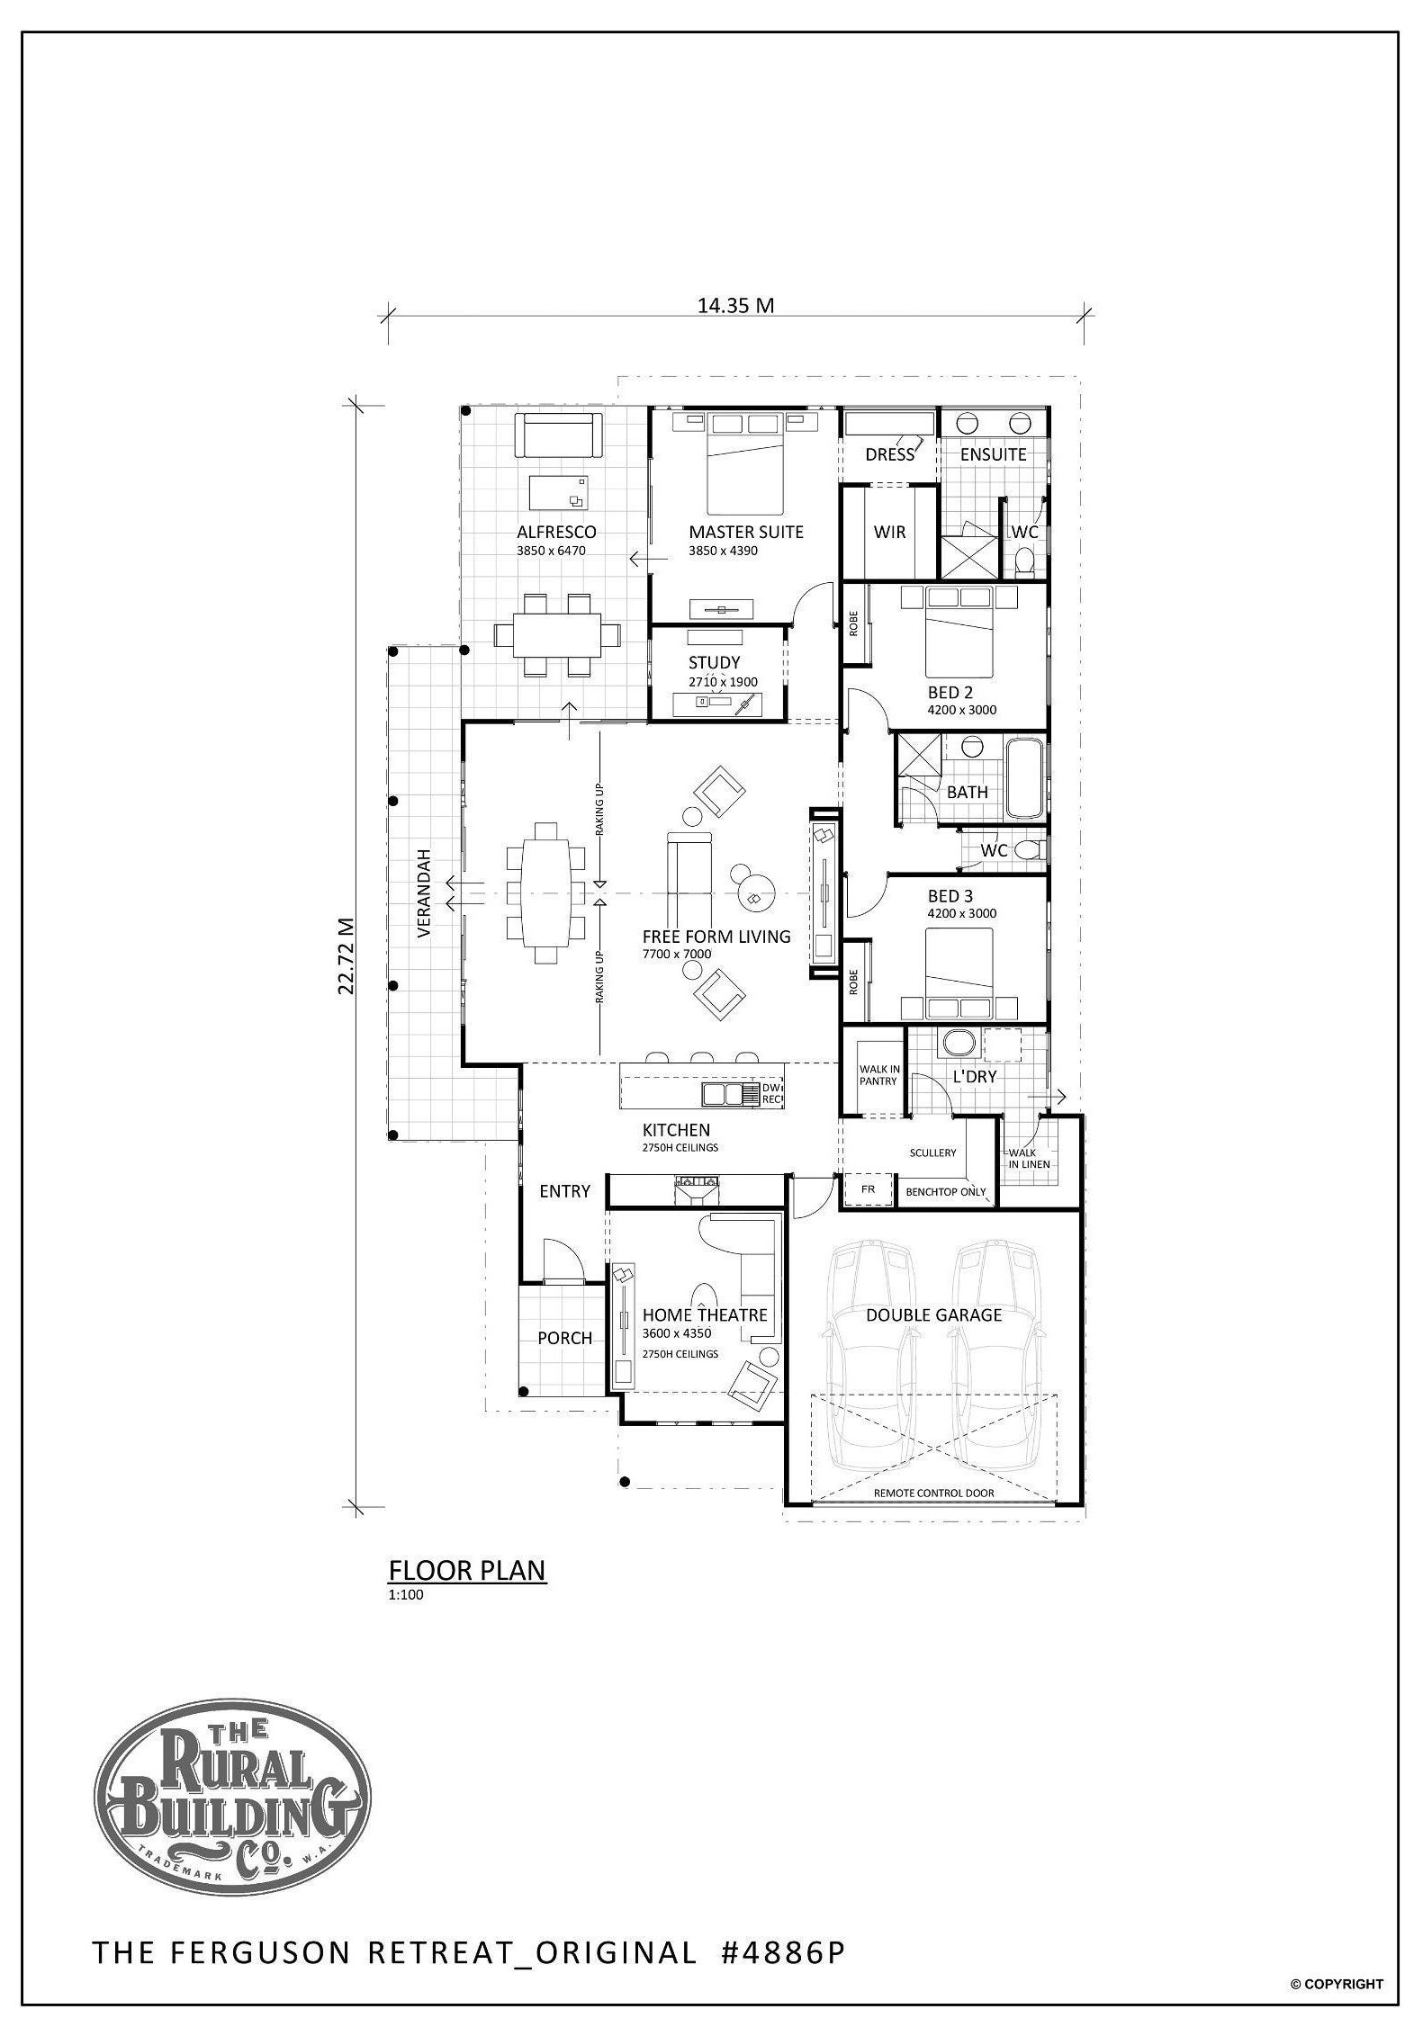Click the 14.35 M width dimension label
pos(735,305)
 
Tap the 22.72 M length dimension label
pos(346,955)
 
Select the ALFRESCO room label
pos(556,532)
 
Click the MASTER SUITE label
pos(746,532)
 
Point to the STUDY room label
pos(715,663)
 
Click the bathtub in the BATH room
pos(1025,777)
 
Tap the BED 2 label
pos(950,693)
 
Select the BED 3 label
pos(950,896)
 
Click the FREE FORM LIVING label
pos(716,937)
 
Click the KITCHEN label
pos(676,1130)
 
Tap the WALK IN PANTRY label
pos(879,1075)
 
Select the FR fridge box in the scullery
pos(869,1189)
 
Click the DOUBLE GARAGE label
pos(934,1315)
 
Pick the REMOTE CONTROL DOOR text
pos(934,1493)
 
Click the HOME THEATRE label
pos(705,1315)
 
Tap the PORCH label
pos(565,1338)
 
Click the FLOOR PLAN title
pos(467,1571)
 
